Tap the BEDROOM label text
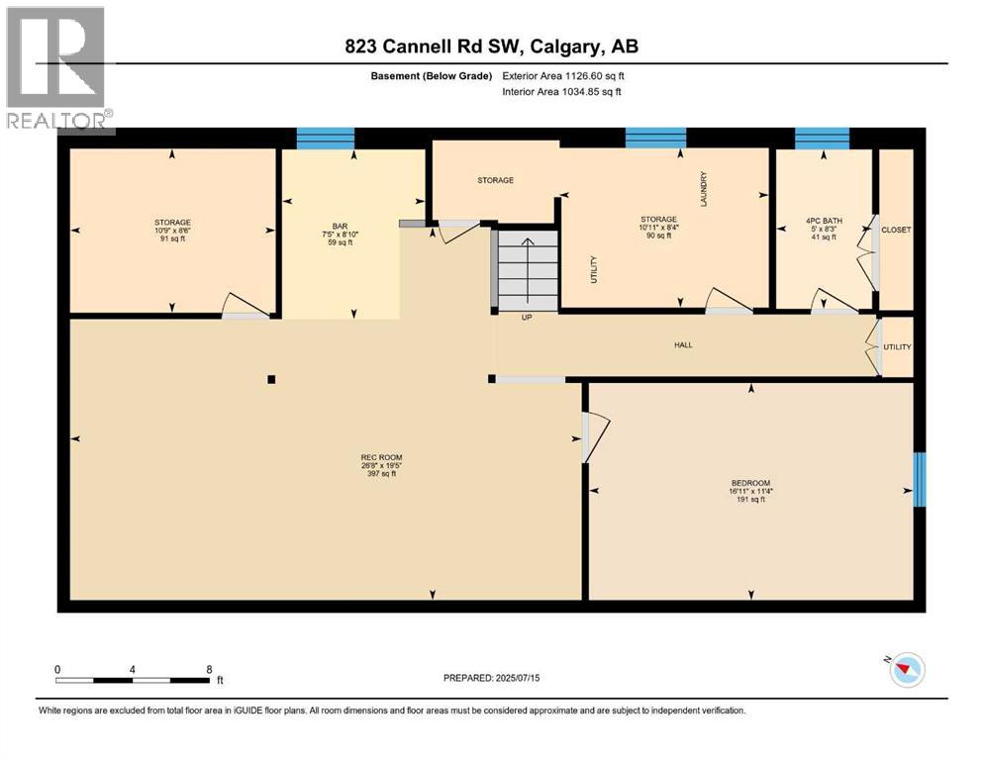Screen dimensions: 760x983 (x=749, y=483)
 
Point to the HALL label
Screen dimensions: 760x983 (x=683, y=345)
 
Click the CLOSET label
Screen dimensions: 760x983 (x=896, y=230)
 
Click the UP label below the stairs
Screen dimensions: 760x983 (x=528, y=319)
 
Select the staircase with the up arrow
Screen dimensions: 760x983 (x=528, y=270)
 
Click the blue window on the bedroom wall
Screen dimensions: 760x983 (x=919, y=480)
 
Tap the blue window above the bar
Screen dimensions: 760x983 (x=326, y=139)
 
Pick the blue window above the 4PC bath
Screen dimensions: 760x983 (x=822, y=139)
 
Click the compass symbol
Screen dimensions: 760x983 (x=905, y=670)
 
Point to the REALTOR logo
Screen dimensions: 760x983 (x=57, y=67)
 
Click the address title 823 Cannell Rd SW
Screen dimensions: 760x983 (x=491, y=47)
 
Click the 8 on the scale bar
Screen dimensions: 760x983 (x=209, y=669)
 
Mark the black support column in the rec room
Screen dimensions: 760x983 (x=271, y=378)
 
